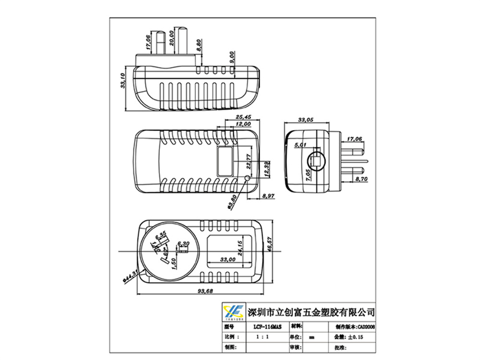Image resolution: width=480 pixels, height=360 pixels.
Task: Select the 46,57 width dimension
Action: click(270, 243)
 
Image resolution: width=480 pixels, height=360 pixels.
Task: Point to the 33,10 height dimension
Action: click(123, 81)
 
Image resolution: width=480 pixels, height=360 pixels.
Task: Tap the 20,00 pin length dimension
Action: click(171, 38)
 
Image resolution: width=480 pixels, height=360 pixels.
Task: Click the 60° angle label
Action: click(165, 250)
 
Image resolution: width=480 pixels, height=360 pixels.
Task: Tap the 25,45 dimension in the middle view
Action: click(243, 117)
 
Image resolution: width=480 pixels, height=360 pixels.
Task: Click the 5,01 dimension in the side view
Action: click(301, 144)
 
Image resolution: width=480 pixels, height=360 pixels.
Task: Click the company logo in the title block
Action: click(233, 312)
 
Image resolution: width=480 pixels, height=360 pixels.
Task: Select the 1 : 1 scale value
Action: click(262, 337)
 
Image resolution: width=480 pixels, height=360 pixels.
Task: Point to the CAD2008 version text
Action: click(363, 326)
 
